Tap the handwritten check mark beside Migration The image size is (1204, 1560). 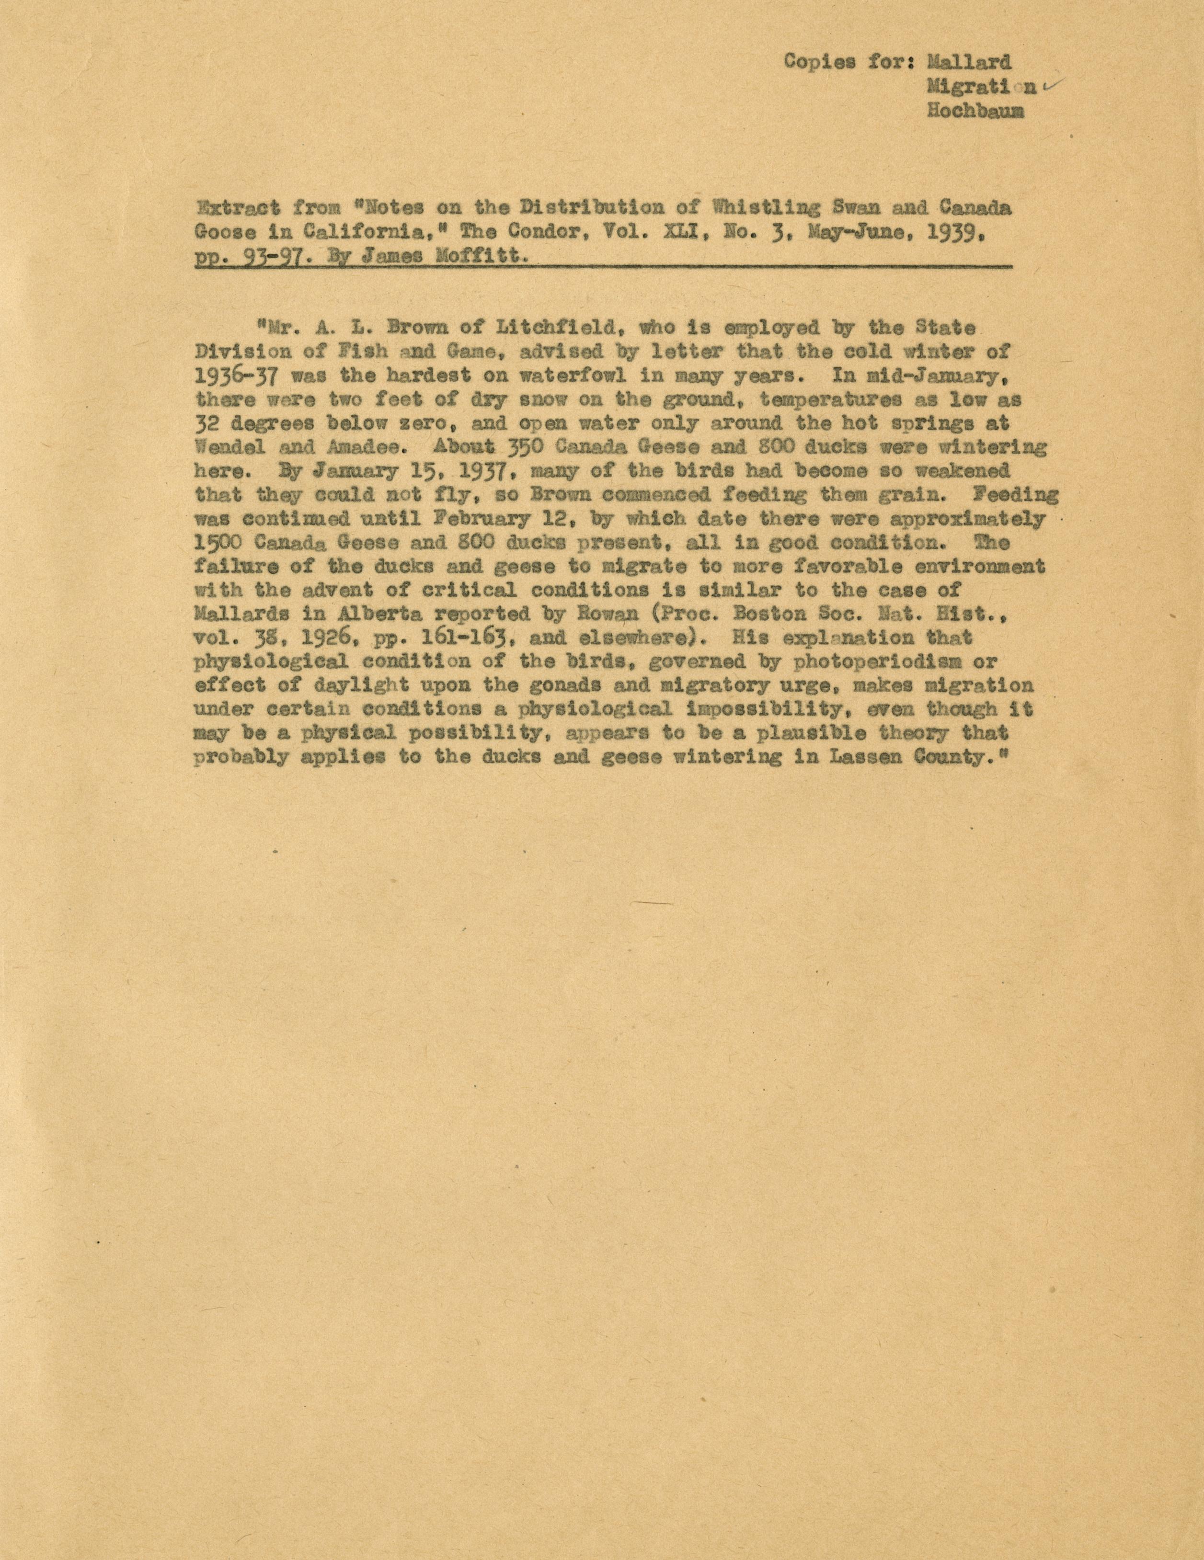(x=1052, y=86)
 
